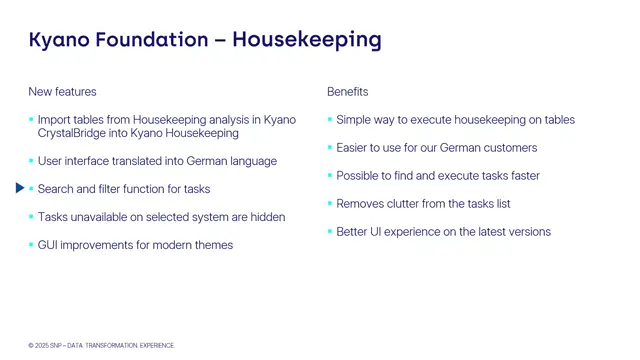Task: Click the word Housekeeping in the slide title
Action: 307,40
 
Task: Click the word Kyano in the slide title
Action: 62,40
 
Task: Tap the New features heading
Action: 62,92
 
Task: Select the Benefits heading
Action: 347,92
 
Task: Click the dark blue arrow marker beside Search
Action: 21,188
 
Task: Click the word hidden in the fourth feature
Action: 267,217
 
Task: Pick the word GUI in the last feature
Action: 48,245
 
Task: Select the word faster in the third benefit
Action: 522,176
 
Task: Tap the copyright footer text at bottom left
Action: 101,345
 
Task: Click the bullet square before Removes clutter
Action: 330,204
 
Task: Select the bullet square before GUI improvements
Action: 31,245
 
